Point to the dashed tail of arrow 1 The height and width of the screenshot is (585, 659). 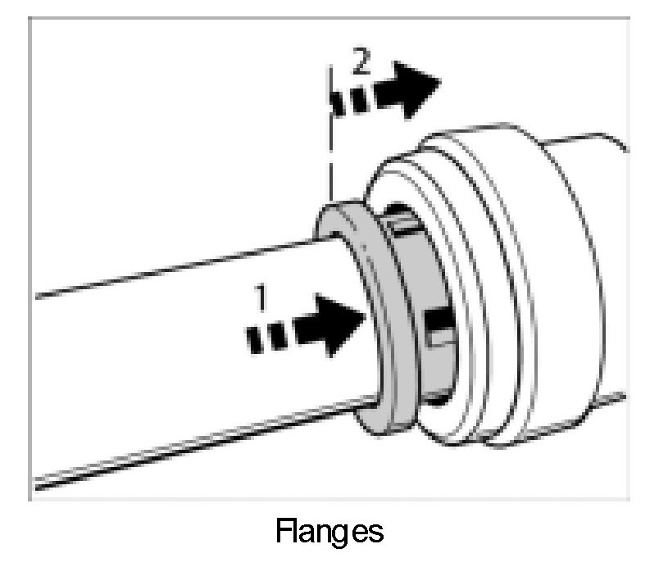266,336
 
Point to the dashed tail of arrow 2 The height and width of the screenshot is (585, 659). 348,102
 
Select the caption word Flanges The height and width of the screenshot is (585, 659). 329,533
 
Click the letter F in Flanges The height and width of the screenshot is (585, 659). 284,532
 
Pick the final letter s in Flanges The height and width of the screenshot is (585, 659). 375,533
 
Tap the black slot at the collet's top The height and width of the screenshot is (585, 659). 402,220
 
